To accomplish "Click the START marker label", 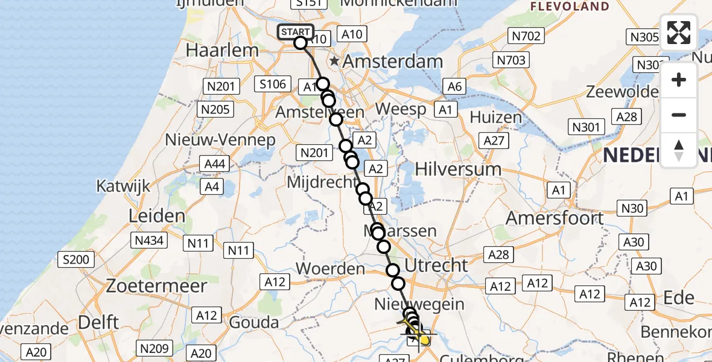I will tap(296, 32).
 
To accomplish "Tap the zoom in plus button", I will tap(679, 80).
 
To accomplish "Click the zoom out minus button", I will tap(679, 115).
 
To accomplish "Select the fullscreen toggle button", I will tap(679, 33).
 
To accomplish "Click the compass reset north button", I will tap(679, 150).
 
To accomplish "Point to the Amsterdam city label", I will tap(393, 62).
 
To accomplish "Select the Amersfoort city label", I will tap(555, 218).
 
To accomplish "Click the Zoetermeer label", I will tap(156, 285).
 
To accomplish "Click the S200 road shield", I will tap(76, 261).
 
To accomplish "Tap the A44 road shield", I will tap(215, 164).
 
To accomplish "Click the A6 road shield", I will tap(454, 87).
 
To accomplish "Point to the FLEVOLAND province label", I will tap(570, 7).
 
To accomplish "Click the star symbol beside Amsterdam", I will tap(334, 62).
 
